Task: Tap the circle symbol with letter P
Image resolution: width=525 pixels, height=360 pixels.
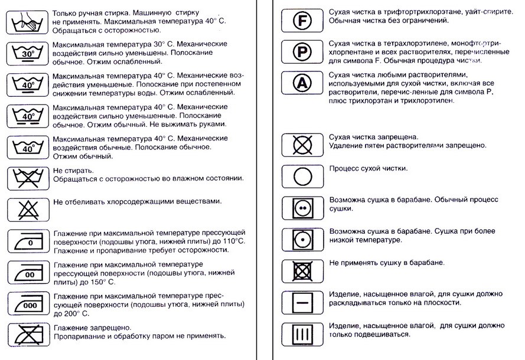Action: [x=302, y=52]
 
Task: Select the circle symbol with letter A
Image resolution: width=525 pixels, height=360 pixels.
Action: [x=302, y=83]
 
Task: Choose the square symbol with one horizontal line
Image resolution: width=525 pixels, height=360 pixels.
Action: [x=302, y=302]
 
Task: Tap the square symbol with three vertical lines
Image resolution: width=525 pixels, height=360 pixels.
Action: [x=302, y=333]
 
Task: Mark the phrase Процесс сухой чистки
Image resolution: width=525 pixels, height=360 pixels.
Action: [x=368, y=168]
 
